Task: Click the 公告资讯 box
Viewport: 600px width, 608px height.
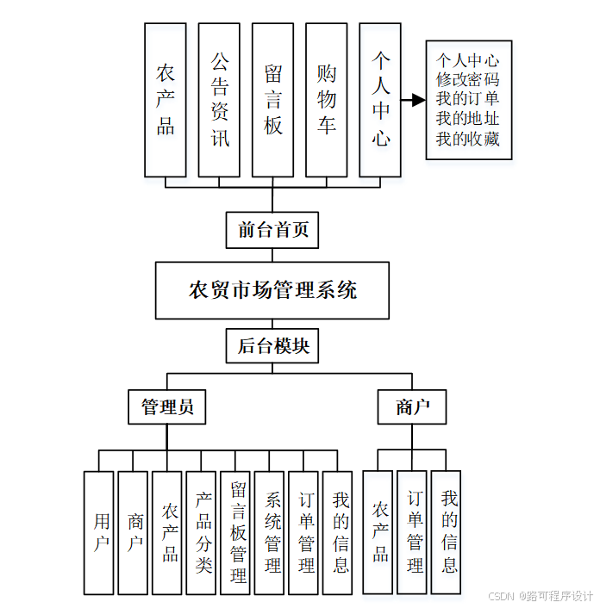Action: point(219,100)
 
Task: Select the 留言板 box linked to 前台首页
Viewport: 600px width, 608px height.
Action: point(272,100)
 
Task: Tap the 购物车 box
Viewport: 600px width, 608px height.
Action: point(326,100)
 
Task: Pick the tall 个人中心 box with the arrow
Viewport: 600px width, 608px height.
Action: point(380,100)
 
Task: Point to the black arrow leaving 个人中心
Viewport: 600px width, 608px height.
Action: point(414,100)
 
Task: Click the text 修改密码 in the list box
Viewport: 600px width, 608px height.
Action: point(468,80)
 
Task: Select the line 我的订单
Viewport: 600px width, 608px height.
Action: point(468,99)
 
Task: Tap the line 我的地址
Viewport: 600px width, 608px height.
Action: point(468,119)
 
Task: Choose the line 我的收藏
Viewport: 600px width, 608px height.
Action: point(468,139)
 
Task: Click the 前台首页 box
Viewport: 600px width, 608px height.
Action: point(272,230)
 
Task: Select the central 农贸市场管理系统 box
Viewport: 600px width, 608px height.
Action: point(272,290)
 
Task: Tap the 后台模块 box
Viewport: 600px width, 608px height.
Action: point(272,347)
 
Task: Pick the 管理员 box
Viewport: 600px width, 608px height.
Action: point(167,406)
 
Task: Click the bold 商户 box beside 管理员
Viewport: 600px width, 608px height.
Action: point(412,406)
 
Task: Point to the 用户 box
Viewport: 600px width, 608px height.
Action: point(99,532)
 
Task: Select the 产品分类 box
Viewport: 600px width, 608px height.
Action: point(202,532)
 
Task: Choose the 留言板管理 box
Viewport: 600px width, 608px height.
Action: point(236,532)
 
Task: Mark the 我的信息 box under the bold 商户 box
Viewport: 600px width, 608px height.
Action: point(447,532)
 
